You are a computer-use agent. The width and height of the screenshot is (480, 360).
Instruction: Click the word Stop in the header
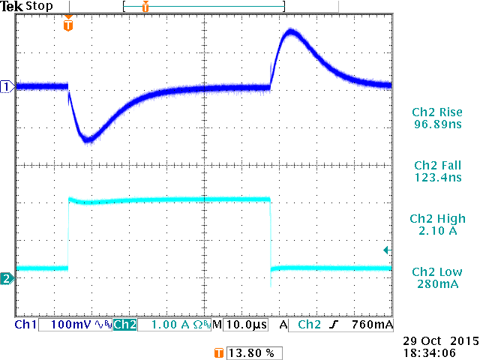pos(40,7)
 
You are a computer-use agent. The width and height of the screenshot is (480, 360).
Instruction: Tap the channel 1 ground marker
pos(7,87)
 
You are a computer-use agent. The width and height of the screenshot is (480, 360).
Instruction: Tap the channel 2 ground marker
pos(7,279)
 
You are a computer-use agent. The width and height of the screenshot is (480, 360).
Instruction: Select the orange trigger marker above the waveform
pos(68,25)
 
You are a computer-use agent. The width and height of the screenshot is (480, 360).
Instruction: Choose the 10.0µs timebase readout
pos(244,325)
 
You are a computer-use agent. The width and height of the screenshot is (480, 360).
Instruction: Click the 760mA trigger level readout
pos(371,325)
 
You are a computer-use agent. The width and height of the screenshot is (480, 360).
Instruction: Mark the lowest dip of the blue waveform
pos(88,139)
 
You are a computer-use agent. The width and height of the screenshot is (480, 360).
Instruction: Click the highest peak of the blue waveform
pos(291,34)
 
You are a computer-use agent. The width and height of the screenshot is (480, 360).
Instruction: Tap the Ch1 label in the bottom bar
pos(25,325)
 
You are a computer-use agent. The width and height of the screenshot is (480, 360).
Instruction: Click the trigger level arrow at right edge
pos(386,250)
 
